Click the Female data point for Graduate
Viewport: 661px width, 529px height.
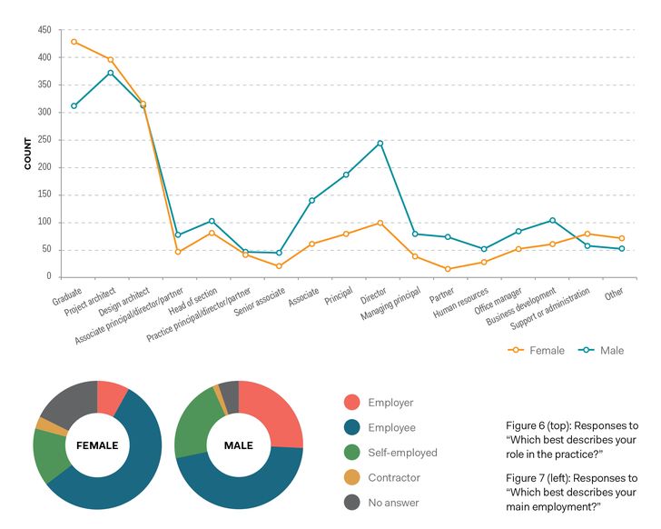pyautogui.click(x=74, y=42)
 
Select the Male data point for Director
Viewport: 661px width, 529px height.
pyautogui.click(x=380, y=143)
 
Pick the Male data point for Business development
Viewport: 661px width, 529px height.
pyautogui.click(x=552, y=220)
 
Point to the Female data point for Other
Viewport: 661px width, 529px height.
pyautogui.click(x=621, y=238)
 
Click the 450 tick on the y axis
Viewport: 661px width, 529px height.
pyautogui.click(x=44, y=30)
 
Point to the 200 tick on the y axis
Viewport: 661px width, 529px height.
pyautogui.click(x=44, y=167)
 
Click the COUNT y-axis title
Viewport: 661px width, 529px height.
pyautogui.click(x=28, y=154)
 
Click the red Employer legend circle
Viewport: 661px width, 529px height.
pyautogui.click(x=351, y=403)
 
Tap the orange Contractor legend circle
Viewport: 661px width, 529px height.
pyautogui.click(x=351, y=477)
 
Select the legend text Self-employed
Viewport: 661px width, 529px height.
pyautogui.click(x=402, y=453)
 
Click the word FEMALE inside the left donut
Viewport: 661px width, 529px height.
pyautogui.click(x=97, y=445)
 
